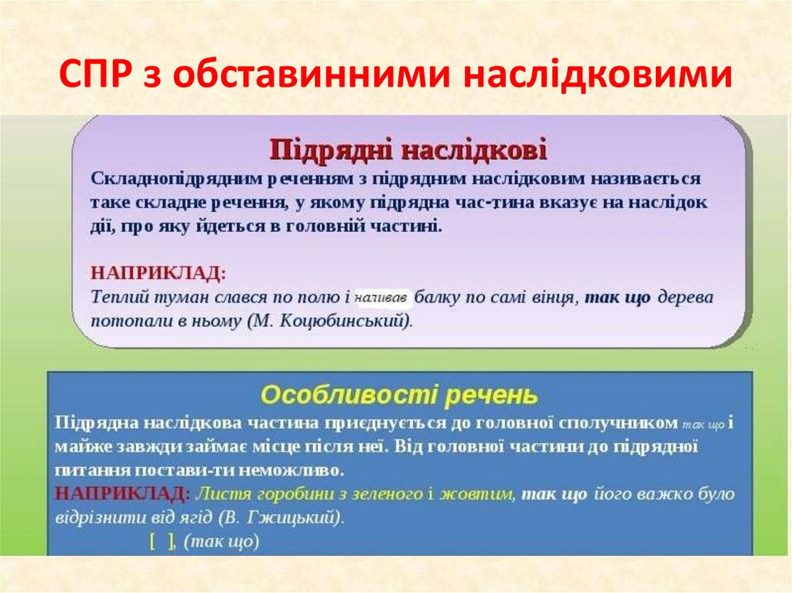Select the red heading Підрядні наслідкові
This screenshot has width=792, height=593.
[x=408, y=148]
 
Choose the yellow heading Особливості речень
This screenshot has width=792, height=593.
[x=398, y=395]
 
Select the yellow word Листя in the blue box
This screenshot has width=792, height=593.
[x=217, y=493]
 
